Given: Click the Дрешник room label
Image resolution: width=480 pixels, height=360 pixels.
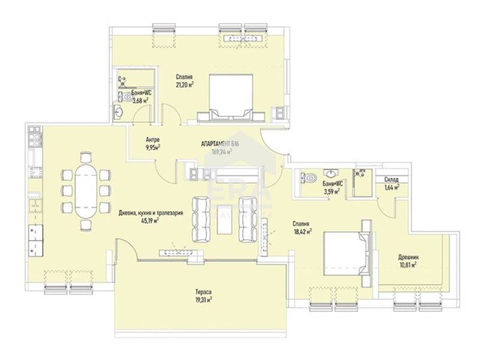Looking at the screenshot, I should coord(409,257).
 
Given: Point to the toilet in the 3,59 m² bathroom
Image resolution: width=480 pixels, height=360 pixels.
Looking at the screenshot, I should coord(308,178).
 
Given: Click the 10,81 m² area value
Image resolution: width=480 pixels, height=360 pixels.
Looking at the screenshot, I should coord(409,266).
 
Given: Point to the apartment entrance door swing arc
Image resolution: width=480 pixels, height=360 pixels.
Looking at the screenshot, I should coord(269,145).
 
